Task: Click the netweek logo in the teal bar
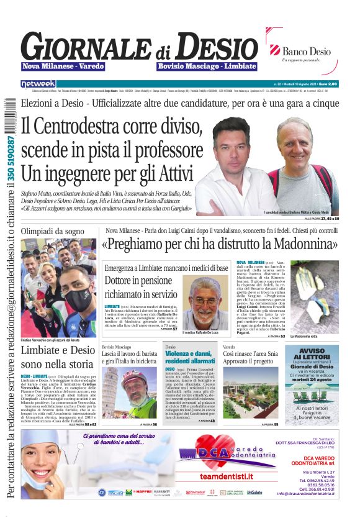38,83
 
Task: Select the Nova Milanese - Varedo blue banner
63,66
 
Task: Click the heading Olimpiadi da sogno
52,231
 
